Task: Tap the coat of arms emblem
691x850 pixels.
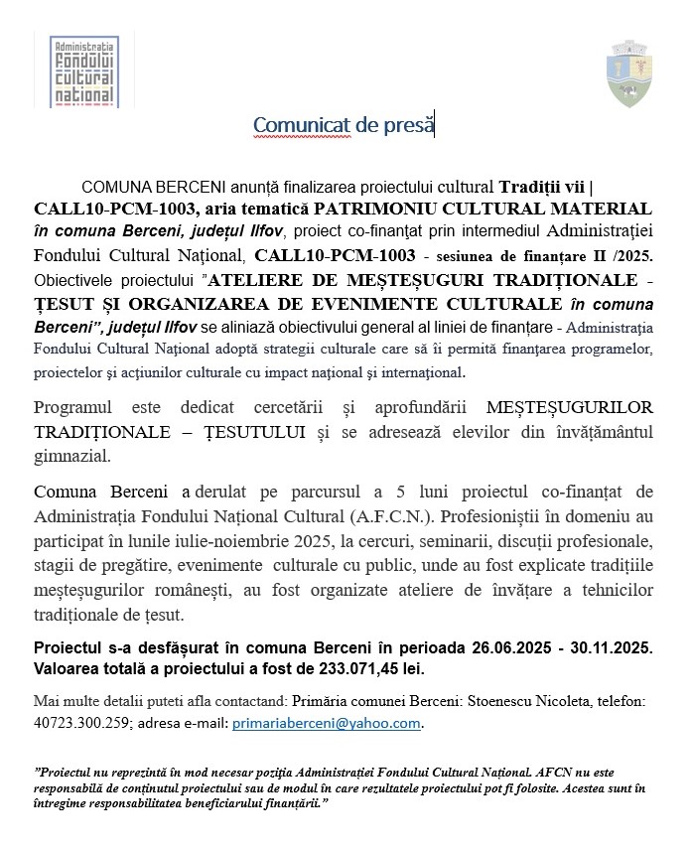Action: click(x=629, y=73)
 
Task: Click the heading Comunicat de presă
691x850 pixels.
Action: click(x=343, y=125)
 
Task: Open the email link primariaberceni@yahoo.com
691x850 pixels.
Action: click(x=327, y=723)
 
